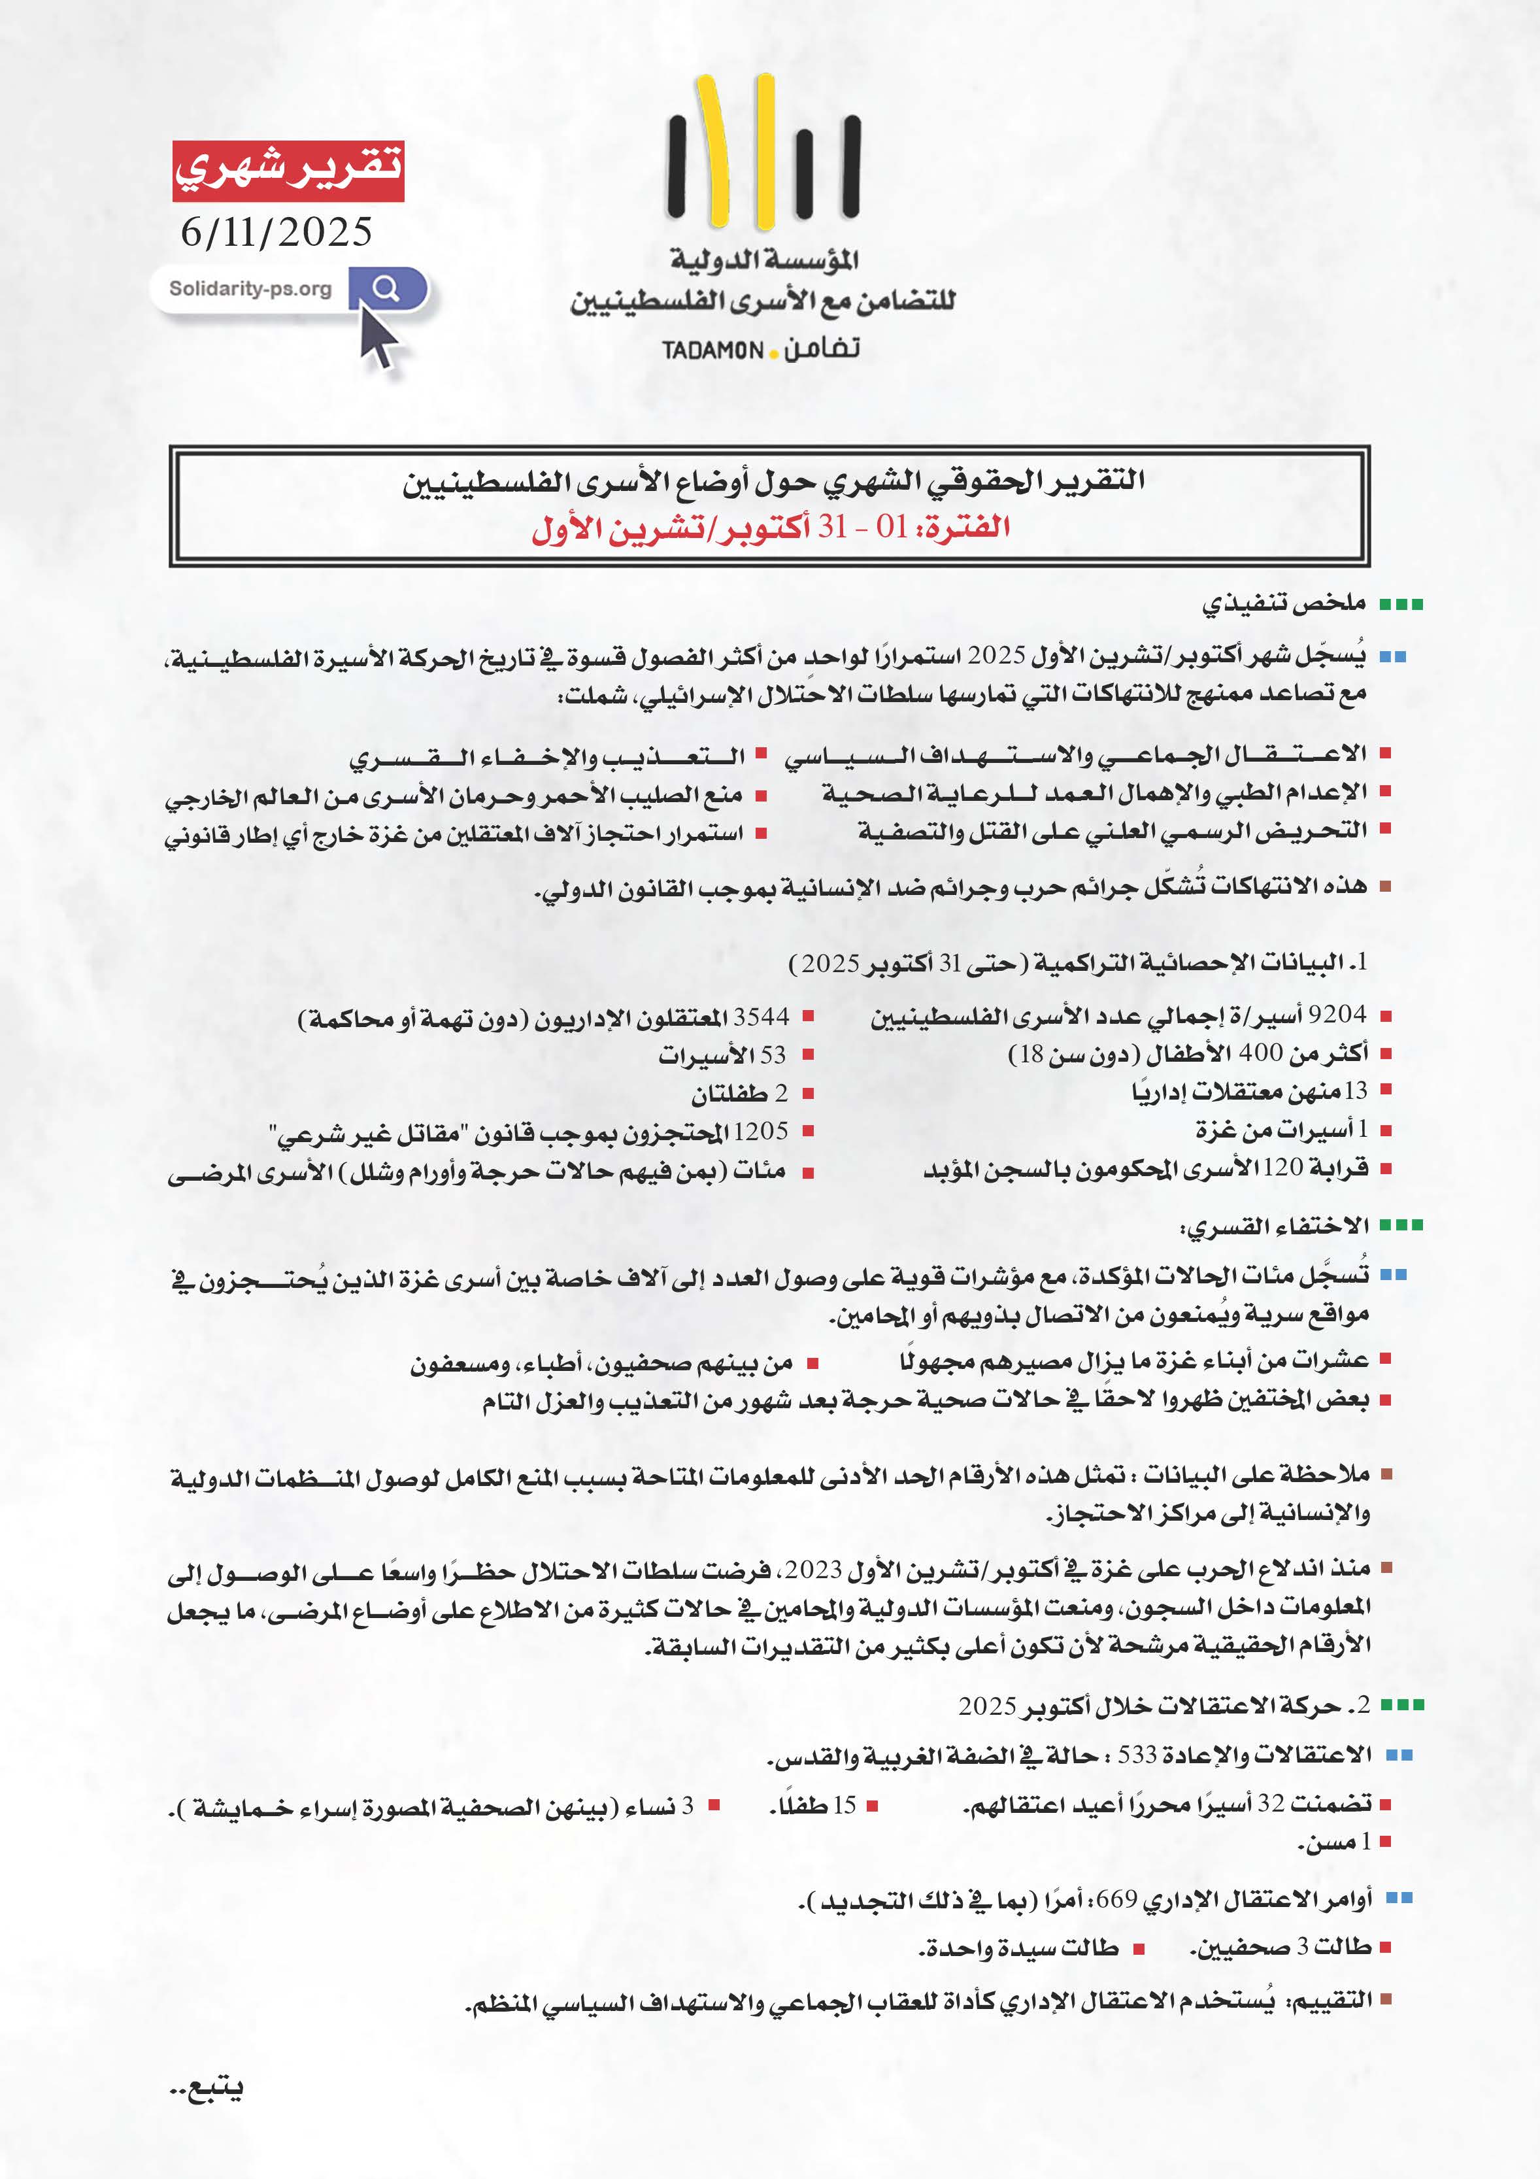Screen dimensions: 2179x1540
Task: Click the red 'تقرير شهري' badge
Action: click(288, 171)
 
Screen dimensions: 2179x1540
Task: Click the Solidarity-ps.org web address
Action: click(250, 288)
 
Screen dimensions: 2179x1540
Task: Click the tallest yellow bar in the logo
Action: click(765, 152)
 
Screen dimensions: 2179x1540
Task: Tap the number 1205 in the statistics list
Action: click(760, 1131)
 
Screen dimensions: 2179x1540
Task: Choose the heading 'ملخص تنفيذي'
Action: click(1283, 603)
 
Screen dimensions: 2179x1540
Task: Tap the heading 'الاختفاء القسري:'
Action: click(1273, 1226)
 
